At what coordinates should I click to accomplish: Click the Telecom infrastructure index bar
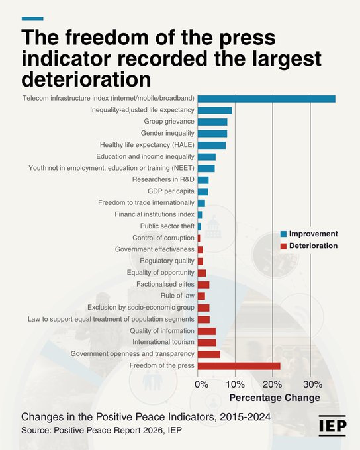point(267,99)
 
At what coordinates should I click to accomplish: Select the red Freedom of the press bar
point(239,366)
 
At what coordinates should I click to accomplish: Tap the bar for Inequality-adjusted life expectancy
point(214,111)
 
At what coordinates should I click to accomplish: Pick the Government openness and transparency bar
point(209,355)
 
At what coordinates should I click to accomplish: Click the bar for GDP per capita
point(203,192)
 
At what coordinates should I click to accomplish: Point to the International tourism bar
point(207,343)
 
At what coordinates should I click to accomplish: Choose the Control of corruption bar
point(199,238)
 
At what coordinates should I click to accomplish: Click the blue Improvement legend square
point(284,234)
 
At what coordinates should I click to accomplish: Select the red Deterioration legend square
point(284,246)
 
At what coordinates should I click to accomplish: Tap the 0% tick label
point(202,384)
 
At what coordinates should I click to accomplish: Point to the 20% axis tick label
point(272,384)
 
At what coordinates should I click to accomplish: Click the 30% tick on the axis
point(312,384)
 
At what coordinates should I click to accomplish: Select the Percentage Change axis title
point(275,398)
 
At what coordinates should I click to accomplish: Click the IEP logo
point(332,426)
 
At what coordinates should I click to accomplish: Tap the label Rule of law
point(177,296)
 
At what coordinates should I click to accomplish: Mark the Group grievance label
point(169,121)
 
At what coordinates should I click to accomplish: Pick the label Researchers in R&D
point(163,179)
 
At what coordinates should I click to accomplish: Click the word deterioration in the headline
point(86,79)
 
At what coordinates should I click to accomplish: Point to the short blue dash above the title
point(32,19)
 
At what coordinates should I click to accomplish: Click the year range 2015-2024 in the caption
point(245,417)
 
